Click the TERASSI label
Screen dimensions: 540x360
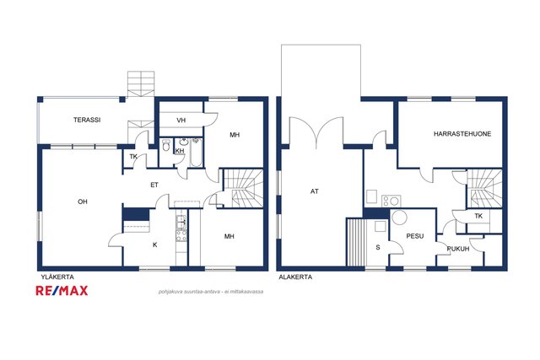87,120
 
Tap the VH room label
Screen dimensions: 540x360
181,120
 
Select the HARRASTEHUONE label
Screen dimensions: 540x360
462,134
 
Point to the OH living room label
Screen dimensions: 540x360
83,201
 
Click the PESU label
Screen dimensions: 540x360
415,236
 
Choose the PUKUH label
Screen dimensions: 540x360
458,249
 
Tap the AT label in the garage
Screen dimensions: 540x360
315,191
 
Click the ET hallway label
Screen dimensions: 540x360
154,185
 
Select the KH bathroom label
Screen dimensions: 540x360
180,151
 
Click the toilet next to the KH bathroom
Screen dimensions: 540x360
165,145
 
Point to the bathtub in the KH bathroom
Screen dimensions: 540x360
196,153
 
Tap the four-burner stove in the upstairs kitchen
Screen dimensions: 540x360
181,236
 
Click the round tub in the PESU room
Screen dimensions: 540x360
399,218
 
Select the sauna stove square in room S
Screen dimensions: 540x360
381,227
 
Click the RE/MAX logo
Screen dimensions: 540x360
62,291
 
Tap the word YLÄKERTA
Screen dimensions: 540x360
57,277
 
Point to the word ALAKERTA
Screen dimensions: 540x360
295,277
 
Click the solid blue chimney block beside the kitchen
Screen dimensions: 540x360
136,214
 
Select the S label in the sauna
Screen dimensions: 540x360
378,247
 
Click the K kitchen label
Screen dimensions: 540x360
155,244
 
